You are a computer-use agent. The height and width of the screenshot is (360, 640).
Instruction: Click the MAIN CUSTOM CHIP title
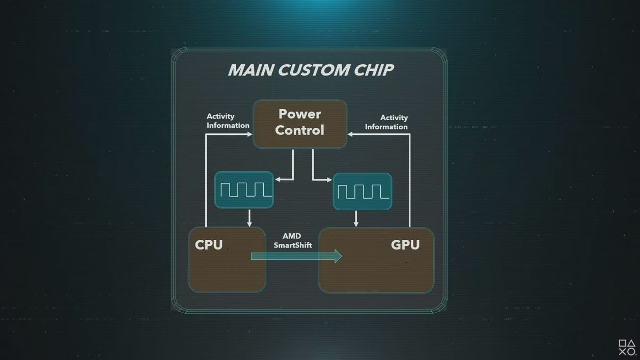(311, 70)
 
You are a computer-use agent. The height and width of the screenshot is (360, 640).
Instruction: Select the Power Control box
(300, 124)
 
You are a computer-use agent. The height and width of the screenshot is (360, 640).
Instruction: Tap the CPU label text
(209, 245)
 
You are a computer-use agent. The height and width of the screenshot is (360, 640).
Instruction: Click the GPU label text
(405, 245)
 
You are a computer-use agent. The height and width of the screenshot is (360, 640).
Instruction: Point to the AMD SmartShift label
(292, 241)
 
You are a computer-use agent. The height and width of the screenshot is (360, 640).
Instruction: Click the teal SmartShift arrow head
(338, 256)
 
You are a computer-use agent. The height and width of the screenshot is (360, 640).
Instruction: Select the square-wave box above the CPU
(244, 190)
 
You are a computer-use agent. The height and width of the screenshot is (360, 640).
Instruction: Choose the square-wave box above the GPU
(363, 191)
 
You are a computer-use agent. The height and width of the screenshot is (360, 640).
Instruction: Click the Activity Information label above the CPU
(228, 121)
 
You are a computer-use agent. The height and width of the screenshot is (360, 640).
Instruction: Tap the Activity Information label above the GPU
(386, 122)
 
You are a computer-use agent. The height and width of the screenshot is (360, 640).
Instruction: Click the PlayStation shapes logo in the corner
(627, 347)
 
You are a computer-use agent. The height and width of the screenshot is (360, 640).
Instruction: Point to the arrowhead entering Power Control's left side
(249, 134)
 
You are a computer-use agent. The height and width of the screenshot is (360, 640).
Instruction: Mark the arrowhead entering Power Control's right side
(351, 134)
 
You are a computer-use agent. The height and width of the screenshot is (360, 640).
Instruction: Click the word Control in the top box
(299, 130)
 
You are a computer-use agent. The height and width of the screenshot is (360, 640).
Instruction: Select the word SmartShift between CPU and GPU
(293, 245)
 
